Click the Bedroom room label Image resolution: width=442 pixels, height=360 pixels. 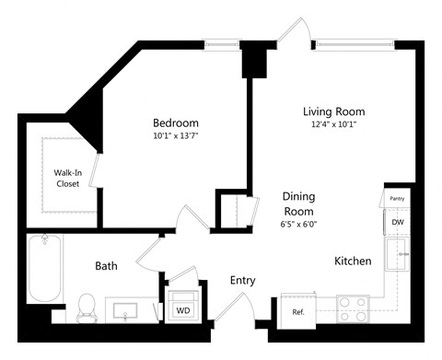(175, 122)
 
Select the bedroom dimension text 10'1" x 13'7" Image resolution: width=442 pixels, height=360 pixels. (175, 138)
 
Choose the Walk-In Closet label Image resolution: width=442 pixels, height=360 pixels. (66, 178)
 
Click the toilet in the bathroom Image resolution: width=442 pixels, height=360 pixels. (87, 307)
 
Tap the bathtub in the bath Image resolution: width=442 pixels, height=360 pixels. (43, 269)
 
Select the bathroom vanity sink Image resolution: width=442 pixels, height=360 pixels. (127, 311)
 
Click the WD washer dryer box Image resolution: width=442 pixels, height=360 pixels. (183, 310)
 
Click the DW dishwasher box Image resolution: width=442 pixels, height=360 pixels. (397, 223)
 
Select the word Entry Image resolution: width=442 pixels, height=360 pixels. (242, 281)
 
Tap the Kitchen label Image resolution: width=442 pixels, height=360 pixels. (353, 261)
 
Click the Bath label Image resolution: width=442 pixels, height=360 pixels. (106, 266)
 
